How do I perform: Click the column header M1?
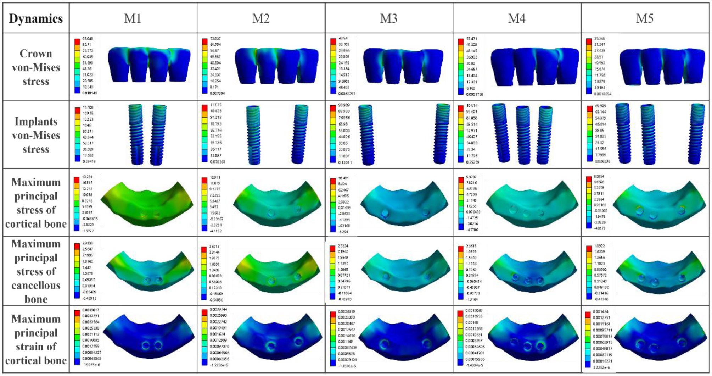point(133,18)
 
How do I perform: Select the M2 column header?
point(261,18)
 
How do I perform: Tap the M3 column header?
point(389,18)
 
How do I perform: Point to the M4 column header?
point(517,18)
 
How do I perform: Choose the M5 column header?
point(645,18)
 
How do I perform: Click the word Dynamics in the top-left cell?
point(36,19)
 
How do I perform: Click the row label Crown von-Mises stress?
point(36,67)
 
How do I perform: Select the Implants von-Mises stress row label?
point(36,135)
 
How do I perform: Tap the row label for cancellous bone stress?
point(36,271)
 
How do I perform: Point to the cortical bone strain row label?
point(36,339)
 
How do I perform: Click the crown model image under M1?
point(149,65)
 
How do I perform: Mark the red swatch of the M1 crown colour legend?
point(77,42)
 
